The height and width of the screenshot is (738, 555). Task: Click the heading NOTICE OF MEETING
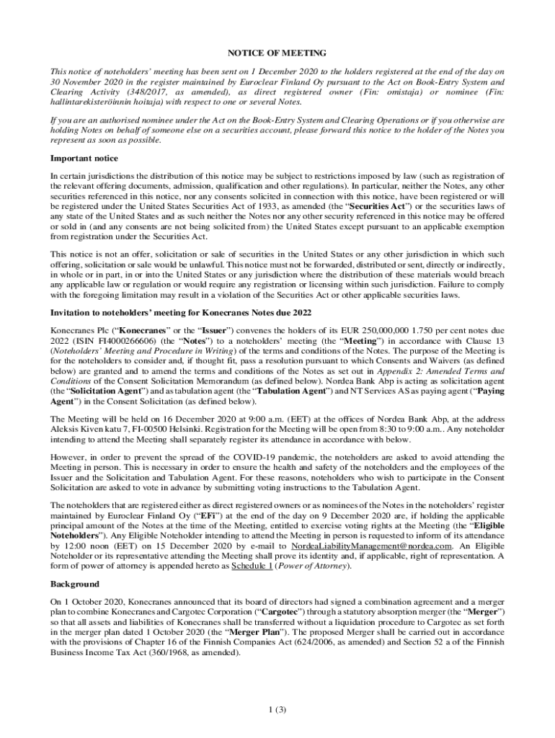277,53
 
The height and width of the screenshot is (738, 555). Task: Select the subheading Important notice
84,158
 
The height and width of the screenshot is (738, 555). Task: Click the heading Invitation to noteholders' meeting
180,313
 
